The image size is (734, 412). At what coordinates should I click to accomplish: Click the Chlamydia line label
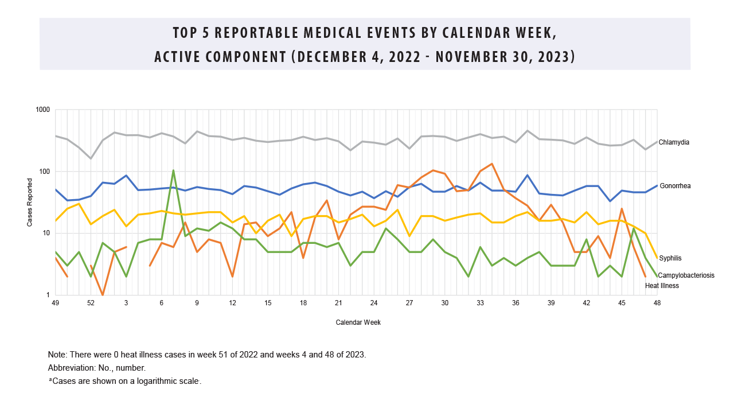tap(674, 142)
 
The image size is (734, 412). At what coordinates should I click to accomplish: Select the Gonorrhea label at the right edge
tap(675, 186)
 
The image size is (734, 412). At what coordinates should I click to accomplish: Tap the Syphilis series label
tap(670, 258)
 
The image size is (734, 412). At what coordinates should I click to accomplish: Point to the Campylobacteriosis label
tap(686, 275)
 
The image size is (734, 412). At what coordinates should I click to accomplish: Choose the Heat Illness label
tap(662, 285)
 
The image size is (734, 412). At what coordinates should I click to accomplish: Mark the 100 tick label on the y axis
tap(45, 172)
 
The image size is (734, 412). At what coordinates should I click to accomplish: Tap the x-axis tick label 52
tap(91, 302)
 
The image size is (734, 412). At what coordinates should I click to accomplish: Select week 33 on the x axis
tap(480, 302)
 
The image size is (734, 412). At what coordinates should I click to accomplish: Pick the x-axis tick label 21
tap(338, 302)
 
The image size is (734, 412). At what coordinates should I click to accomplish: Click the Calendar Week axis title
tap(358, 322)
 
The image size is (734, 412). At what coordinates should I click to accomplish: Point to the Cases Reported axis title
tap(30, 203)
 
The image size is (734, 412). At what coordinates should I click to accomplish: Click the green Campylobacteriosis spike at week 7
tap(173, 170)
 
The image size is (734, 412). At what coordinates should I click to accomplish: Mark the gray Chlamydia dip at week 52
tap(91, 158)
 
